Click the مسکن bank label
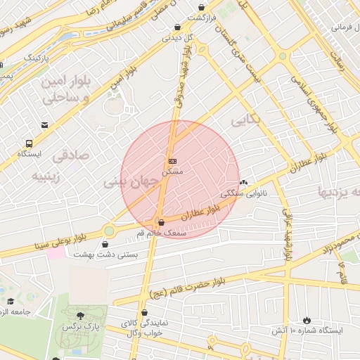pyautogui.click(x=172, y=171)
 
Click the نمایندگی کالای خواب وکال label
pyautogui.click(x=143, y=328)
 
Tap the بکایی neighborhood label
pyautogui.click(x=245, y=120)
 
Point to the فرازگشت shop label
pyautogui.click(x=211, y=17)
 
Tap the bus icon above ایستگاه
pyautogui.click(x=28, y=143)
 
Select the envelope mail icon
pyautogui.click(x=45, y=125)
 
